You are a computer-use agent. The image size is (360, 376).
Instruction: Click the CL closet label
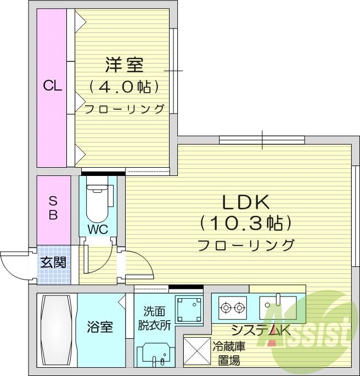[53, 86]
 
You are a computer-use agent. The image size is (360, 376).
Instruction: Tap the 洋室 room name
[124, 65]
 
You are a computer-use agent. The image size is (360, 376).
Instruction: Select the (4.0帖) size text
[124, 87]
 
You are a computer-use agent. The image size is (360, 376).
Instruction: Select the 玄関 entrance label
[53, 262]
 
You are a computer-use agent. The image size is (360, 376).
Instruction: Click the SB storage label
[53, 208]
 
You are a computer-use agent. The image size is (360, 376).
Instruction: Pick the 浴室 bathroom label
[100, 328]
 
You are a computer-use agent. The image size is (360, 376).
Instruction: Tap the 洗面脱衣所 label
[154, 317]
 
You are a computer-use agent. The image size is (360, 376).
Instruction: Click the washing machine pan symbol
[188, 310]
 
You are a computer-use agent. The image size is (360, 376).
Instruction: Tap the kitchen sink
[277, 307]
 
